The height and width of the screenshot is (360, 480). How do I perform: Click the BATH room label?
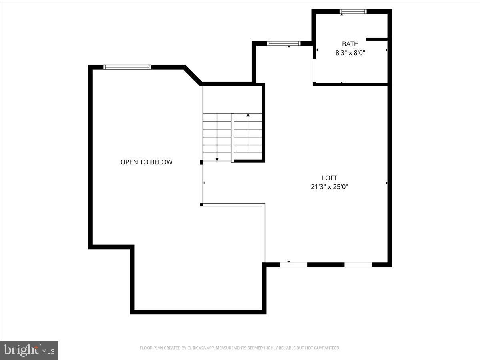pos(350,44)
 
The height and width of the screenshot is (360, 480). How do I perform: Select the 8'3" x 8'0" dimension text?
pos(350,53)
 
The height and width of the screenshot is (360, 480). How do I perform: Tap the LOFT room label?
pos(330,178)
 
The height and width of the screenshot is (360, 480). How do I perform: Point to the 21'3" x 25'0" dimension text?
pos(330,187)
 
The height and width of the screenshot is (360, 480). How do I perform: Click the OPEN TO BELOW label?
pos(146,162)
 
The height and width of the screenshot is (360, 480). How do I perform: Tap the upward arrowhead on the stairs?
pos(248,115)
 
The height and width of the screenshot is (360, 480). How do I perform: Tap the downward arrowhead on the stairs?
pos(217,159)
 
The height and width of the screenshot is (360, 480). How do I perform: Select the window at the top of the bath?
pos(353,11)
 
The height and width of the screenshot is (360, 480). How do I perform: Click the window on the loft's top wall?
pos(284,43)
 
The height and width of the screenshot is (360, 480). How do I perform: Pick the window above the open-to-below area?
pos(127,67)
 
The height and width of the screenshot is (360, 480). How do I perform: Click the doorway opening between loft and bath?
pos(314,71)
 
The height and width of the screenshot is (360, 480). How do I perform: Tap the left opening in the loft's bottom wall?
pos(294,265)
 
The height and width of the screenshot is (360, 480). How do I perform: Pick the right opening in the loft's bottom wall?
pos(358,265)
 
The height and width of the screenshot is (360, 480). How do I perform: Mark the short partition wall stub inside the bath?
pos(377,39)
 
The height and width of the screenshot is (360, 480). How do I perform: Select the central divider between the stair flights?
pos(232,138)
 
